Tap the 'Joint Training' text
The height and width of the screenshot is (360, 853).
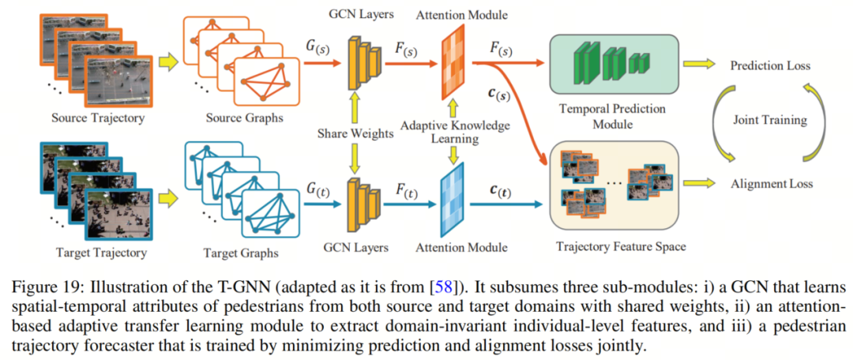(x=769, y=120)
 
